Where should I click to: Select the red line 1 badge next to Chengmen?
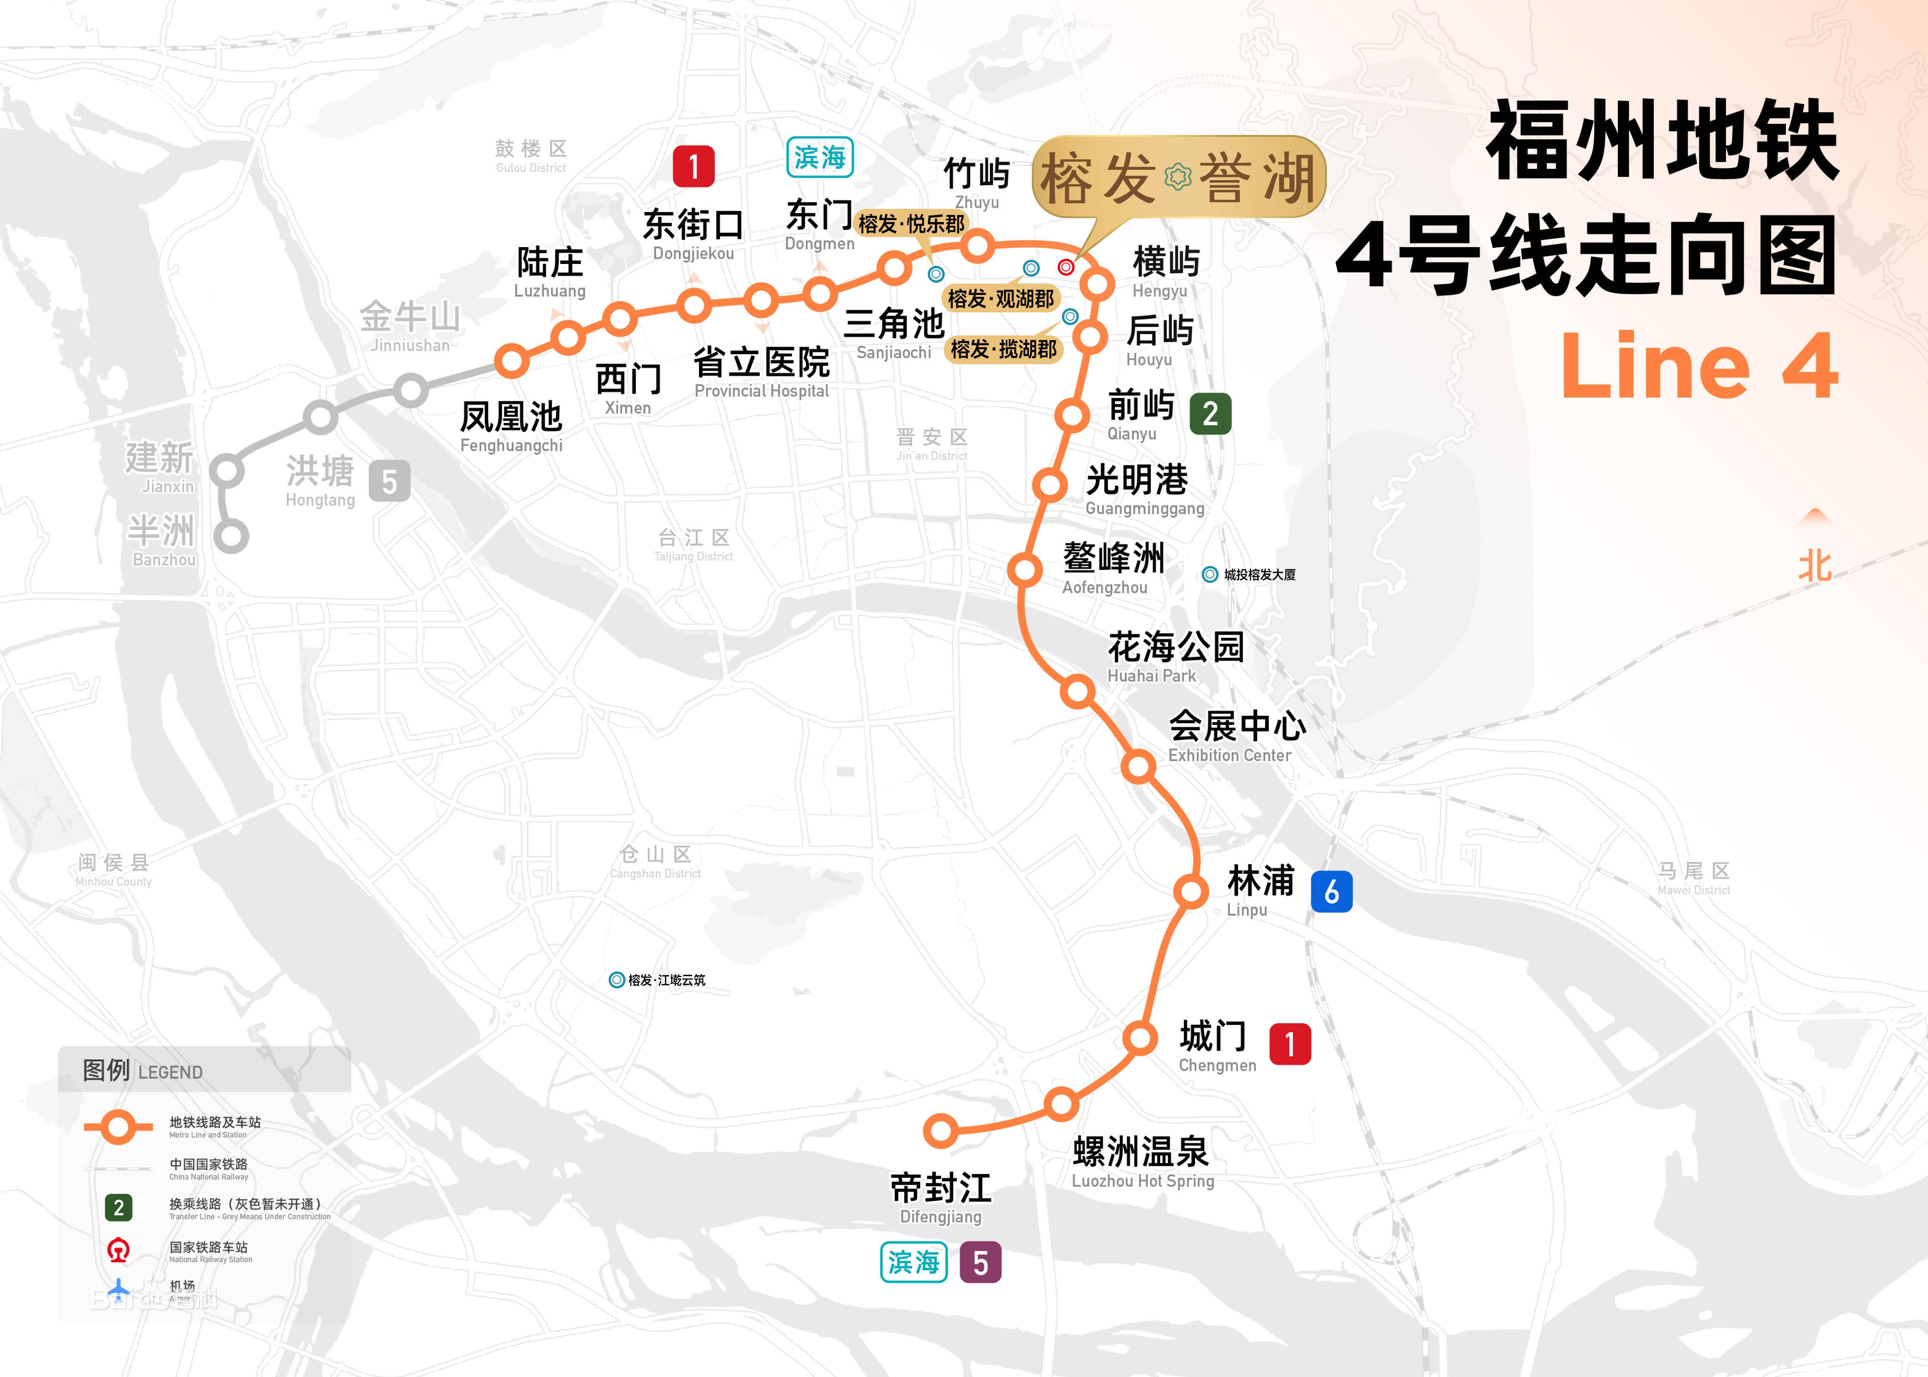tap(1289, 1044)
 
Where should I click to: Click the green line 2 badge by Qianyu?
tap(1210, 414)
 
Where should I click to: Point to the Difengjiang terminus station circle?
tap(940, 1130)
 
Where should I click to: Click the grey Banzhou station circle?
tap(231, 536)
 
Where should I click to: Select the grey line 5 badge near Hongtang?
tap(389, 482)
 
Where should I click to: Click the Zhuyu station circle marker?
tap(977, 246)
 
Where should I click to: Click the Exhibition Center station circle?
tap(1138, 766)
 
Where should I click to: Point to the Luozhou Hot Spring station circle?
tap(1060, 1104)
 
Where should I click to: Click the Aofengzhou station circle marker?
tap(1025, 569)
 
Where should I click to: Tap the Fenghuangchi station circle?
tap(512, 360)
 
